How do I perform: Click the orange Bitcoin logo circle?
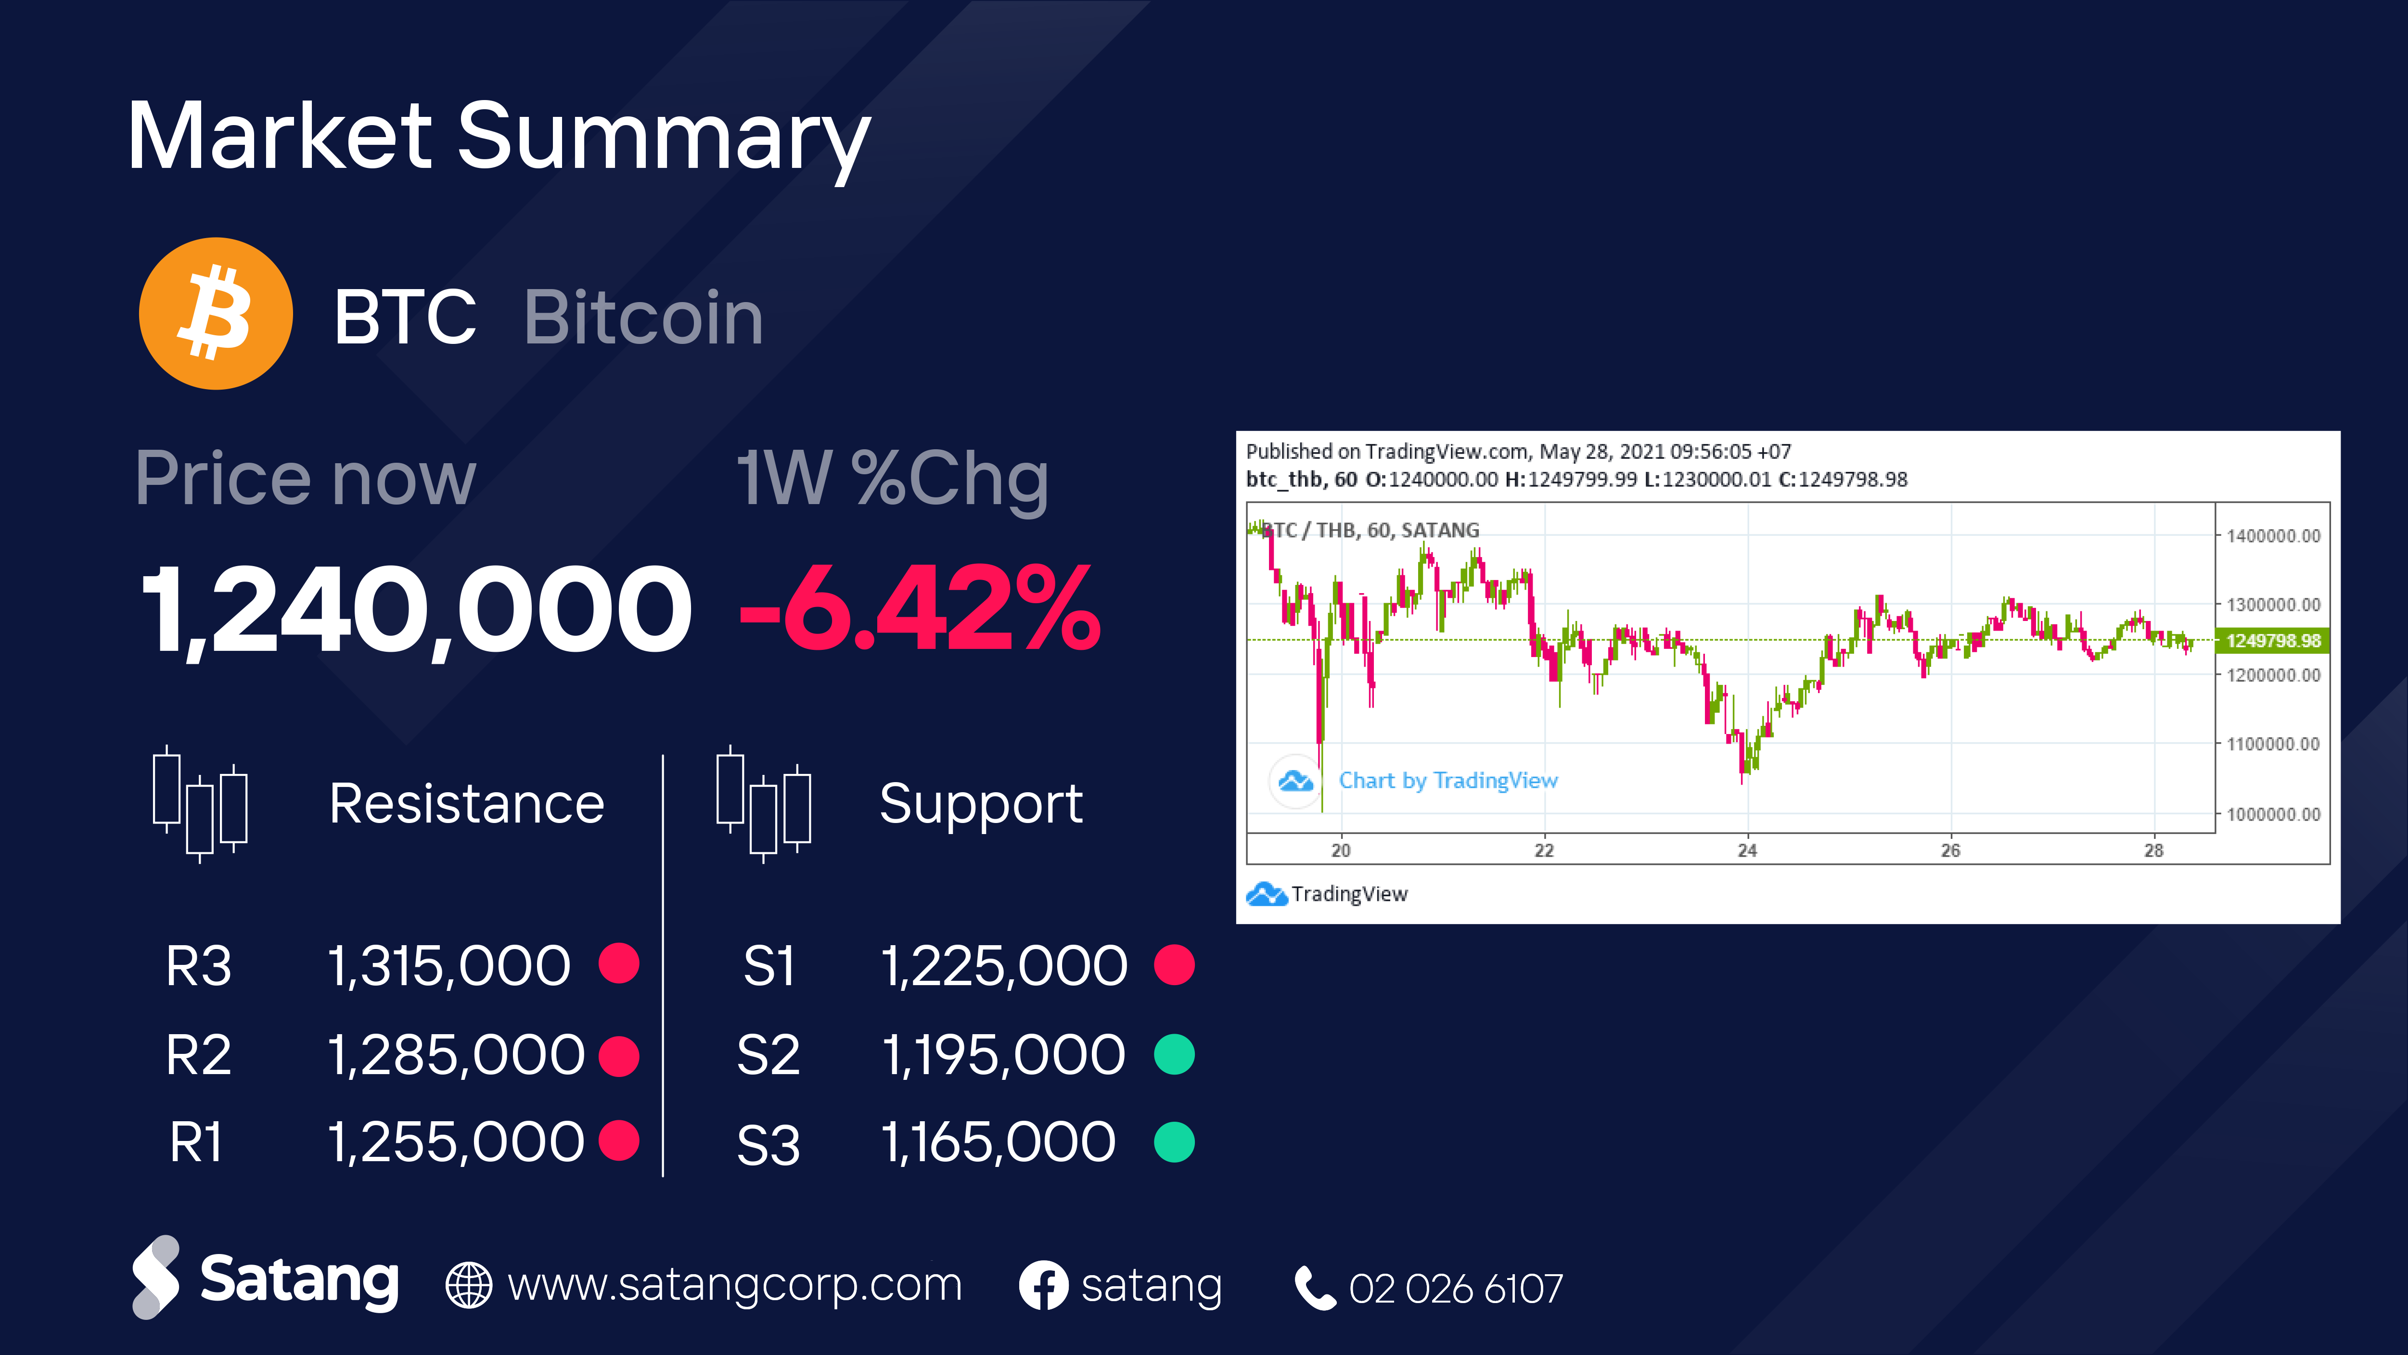216,314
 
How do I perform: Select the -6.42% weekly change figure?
920,609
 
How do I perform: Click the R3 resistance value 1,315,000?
448,965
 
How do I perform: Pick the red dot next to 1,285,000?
619,1055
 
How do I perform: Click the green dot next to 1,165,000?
1174,1142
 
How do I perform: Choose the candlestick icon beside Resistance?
200,804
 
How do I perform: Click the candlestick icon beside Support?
763,804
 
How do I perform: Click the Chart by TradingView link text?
1448,780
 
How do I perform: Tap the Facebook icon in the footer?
1043,1286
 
